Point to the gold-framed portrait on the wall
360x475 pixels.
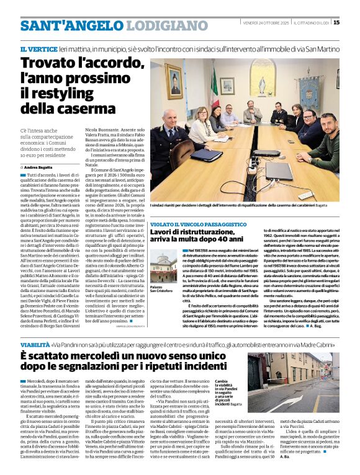click(174, 81)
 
